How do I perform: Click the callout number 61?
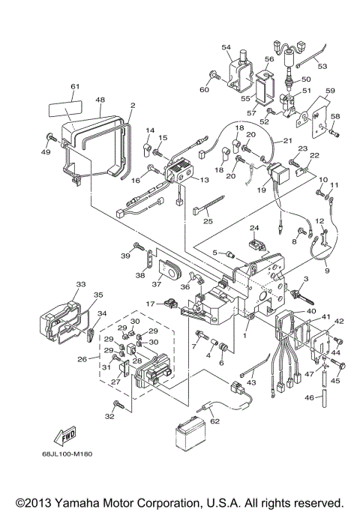[x=74, y=87]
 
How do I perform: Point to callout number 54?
[x=225, y=47]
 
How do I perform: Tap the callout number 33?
[x=80, y=284]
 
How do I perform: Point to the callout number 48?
[x=100, y=98]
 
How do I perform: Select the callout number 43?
[x=251, y=382]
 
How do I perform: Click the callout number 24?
[x=253, y=227]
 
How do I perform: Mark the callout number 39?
[x=124, y=256]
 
